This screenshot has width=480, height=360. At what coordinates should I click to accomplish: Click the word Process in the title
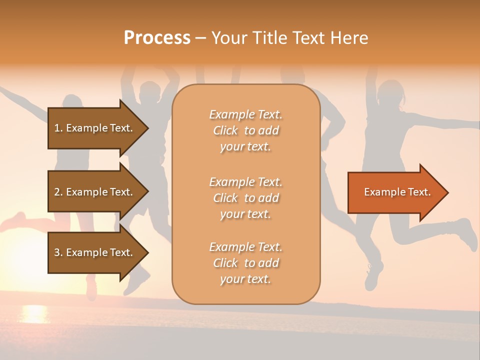(x=157, y=38)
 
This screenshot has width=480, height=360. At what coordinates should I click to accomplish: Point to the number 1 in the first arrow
(x=56, y=128)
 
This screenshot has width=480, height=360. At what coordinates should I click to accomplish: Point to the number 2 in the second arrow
(x=57, y=192)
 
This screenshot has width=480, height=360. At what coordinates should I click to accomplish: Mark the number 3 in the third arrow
(x=57, y=252)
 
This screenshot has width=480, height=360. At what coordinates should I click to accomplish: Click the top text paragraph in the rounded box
(x=245, y=130)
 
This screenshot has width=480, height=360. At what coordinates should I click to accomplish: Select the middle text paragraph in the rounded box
(x=245, y=198)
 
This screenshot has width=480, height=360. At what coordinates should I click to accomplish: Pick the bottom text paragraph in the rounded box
(x=245, y=263)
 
